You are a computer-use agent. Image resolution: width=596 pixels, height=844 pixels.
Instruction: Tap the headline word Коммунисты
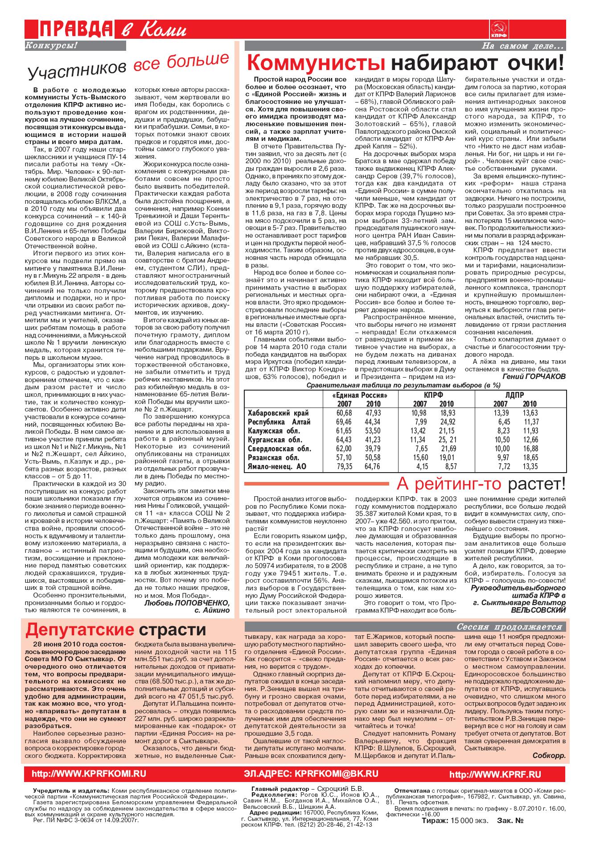tap(316, 63)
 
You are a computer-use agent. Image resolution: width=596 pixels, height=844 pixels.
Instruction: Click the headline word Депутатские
tap(79, 630)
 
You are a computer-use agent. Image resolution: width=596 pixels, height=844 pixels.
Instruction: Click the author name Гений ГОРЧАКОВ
tap(534, 376)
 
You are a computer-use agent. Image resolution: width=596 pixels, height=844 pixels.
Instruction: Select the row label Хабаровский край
tap(278, 413)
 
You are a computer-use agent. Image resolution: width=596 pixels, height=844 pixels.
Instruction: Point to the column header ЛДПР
tap(515, 395)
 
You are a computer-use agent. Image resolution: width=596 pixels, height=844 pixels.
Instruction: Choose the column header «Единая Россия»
tap(359, 395)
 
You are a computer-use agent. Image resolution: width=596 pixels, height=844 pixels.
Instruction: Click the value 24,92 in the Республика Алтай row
tap(447, 422)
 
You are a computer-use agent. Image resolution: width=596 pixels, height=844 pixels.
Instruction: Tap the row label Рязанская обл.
tap(273, 457)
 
